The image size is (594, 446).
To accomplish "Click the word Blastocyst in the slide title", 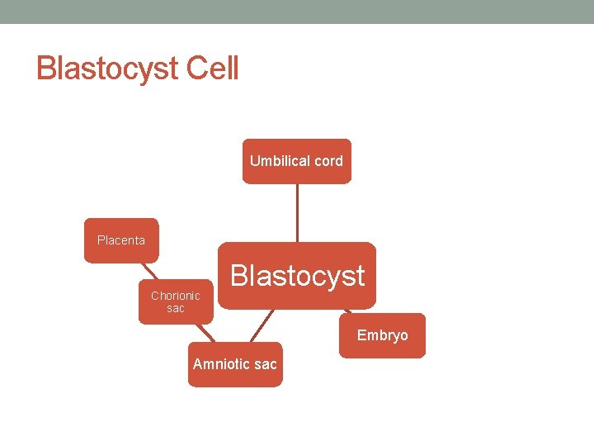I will [107, 69].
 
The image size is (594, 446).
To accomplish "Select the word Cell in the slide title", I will [212, 68].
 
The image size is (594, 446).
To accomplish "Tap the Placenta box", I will [121, 240].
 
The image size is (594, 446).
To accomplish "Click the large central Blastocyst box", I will [297, 276].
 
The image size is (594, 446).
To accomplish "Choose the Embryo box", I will [382, 335].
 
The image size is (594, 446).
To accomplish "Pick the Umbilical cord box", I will [296, 161].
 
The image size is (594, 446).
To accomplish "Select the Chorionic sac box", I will [176, 301].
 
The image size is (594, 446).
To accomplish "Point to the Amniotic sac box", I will [235, 364].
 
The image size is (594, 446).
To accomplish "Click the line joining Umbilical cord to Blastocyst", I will [297, 212].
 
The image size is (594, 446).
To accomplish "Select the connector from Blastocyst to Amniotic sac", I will [263, 325].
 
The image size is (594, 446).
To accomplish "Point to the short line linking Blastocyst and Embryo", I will [347, 311].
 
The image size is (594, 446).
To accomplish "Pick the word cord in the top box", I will [327, 161].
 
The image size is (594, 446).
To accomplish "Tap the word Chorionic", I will [176, 296].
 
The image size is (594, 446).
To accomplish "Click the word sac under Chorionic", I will [176, 308].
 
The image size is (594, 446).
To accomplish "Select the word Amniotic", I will [221, 364].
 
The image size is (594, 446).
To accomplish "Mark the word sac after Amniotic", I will [266, 364].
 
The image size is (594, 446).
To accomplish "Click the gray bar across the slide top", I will [297, 12].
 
